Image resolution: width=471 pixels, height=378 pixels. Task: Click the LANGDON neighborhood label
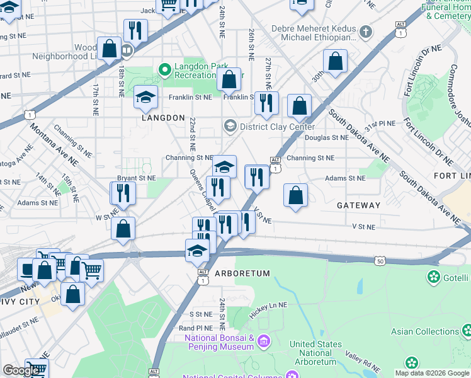162,118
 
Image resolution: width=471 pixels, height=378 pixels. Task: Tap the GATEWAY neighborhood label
358,205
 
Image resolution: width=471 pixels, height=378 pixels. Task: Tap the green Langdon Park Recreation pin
165,69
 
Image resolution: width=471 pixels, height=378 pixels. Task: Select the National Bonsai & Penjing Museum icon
263,342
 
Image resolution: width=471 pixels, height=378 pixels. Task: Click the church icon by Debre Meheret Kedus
366,30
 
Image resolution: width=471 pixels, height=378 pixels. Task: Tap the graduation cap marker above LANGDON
145,98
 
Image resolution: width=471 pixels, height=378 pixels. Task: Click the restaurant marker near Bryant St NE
123,193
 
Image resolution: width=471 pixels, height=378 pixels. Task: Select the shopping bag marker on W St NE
123,229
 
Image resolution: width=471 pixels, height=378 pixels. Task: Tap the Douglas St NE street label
326,137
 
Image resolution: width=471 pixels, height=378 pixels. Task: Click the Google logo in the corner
21,370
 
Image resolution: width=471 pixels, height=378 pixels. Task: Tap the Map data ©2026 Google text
431,373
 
